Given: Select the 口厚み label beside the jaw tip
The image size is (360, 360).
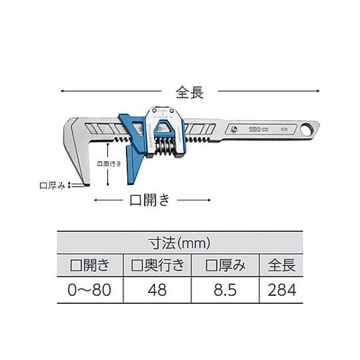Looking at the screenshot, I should coord(52,186).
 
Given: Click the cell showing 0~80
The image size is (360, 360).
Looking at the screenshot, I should coord(89,291).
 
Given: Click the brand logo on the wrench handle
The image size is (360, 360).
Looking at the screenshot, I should coord(256,129).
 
